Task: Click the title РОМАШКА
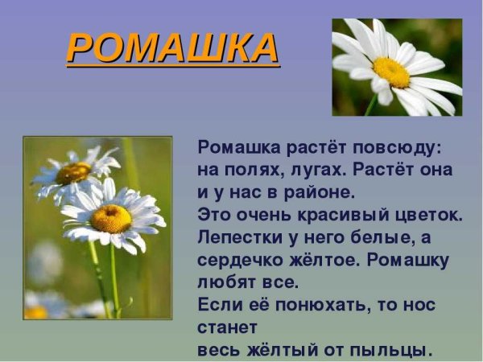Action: (x=172, y=47)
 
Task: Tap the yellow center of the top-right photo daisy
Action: (x=391, y=72)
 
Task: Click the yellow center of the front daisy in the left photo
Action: (x=110, y=217)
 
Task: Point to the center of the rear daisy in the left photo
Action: (x=74, y=172)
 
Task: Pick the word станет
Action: (x=227, y=328)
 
